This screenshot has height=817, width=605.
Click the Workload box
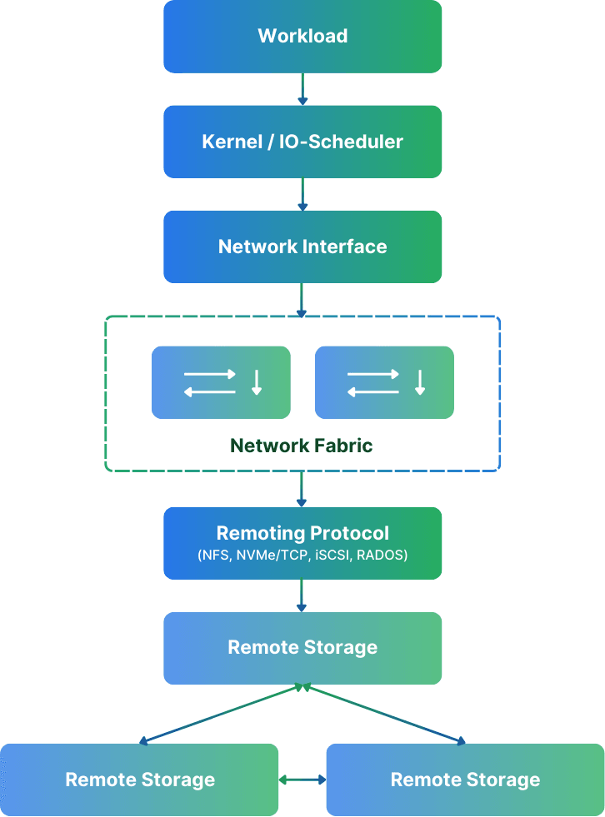302,37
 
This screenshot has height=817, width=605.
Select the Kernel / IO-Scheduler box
302,142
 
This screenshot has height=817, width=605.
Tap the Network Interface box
302,247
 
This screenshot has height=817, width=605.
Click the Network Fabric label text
302,446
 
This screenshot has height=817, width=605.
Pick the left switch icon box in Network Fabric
221,382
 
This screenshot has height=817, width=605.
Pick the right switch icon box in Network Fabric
384,382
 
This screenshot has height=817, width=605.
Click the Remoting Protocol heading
302,533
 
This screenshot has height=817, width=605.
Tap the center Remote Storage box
302,648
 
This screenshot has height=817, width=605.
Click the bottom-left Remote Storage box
139,780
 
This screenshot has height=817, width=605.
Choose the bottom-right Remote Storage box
465,780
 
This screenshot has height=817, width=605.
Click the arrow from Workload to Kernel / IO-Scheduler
302,88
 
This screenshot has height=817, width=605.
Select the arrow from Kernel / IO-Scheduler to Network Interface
302,194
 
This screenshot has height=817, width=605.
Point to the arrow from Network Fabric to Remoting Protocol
302,489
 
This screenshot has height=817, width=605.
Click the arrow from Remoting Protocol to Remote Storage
302,595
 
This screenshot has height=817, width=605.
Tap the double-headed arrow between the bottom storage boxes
302,780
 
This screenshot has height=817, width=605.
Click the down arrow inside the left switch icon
257,382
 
